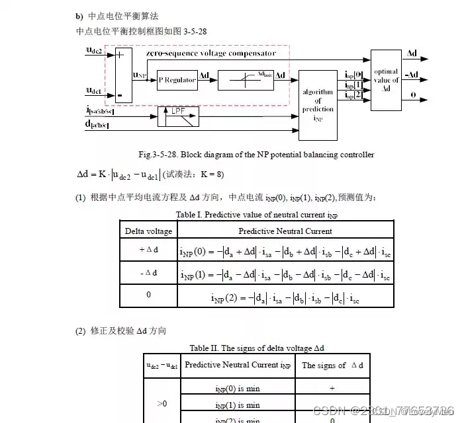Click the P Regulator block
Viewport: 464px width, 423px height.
(x=177, y=80)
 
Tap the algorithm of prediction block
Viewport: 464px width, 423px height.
(x=318, y=105)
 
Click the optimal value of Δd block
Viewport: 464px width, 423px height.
(x=386, y=79)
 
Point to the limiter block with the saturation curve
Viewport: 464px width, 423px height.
(x=245, y=80)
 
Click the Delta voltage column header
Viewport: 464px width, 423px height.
(x=149, y=231)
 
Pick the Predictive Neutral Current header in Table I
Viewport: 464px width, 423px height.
(x=285, y=231)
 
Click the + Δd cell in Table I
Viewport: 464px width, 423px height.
(x=149, y=250)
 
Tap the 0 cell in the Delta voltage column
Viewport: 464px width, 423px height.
(x=149, y=295)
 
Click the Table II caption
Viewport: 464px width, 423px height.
(x=257, y=348)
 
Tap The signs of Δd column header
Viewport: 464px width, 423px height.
(x=332, y=365)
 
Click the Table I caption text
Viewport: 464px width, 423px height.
(x=257, y=215)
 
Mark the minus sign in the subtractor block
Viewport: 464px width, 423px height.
(x=120, y=95)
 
